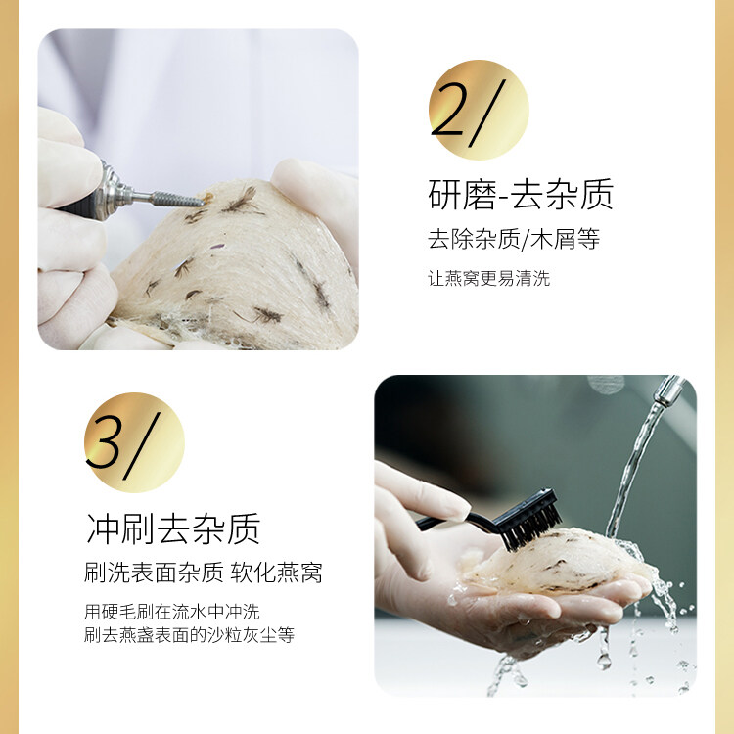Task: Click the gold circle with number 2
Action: click(x=479, y=110)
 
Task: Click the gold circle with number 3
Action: click(x=134, y=442)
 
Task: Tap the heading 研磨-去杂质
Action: click(x=521, y=195)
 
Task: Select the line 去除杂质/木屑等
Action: click(x=514, y=239)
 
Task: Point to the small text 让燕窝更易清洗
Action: click(x=488, y=278)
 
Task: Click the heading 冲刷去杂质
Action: click(x=173, y=528)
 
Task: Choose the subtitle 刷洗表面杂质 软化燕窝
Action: click(x=204, y=573)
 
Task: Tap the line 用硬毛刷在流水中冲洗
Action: click(x=172, y=612)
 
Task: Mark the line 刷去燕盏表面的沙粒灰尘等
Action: click(x=189, y=635)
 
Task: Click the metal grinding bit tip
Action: click(x=202, y=202)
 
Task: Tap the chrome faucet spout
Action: click(x=667, y=390)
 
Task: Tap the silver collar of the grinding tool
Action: click(x=112, y=191)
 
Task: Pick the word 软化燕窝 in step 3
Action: click(x=276, y=573)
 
